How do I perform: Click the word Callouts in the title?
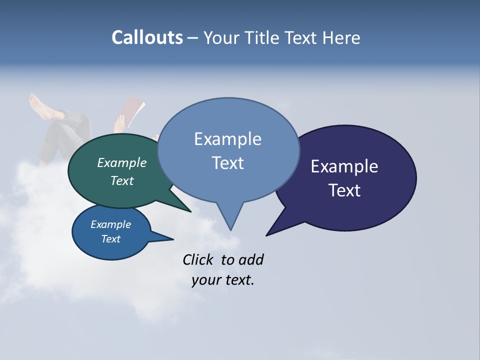(147, 38)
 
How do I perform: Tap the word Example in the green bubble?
(121, 162)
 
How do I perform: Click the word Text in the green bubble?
(121, 180)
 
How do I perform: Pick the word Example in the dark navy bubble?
(344, 166)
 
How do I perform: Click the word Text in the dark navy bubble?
(345, 190)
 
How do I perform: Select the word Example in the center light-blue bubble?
(227, 139)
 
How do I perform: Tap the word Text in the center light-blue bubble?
(227, 163)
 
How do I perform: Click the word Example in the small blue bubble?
(110, 224)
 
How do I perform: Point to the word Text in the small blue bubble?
(110, 239)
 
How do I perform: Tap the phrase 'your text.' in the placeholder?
(223, 280)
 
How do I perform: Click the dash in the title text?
(193, 38)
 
